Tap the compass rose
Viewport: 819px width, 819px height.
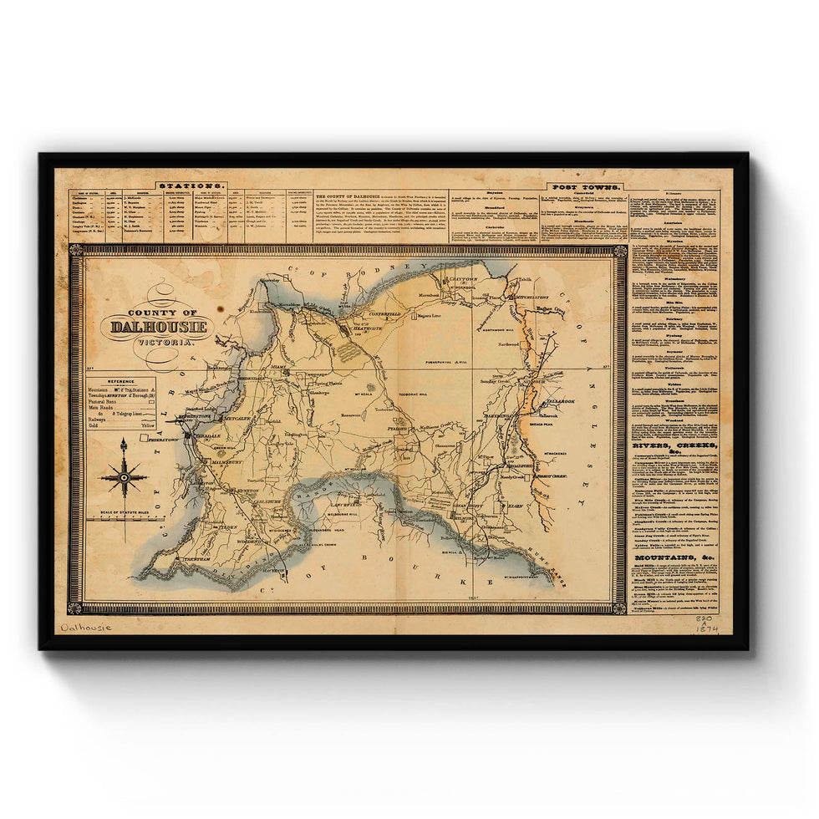(124, 479)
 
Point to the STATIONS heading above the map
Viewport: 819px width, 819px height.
(191, 185)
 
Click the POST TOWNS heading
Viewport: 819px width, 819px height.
(584, 187)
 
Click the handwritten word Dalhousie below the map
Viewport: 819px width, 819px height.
(87, 626)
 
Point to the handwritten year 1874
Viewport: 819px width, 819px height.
(707, 628)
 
